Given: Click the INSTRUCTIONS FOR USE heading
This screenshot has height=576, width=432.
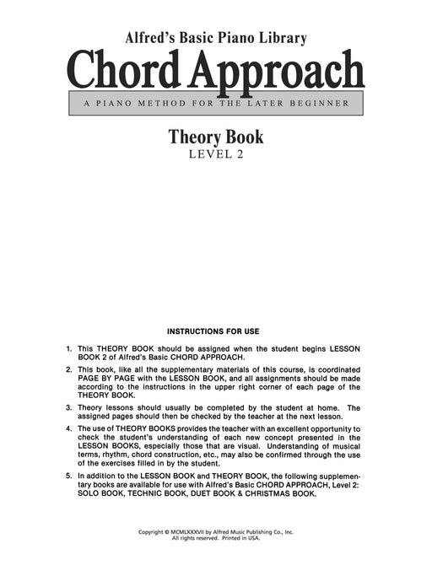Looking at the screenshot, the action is tap(215, 331).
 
